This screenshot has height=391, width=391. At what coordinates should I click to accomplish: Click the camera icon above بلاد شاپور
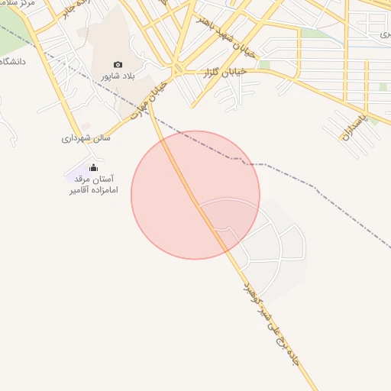(117, 65)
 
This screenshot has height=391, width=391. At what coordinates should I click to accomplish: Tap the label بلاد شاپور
(118, 77)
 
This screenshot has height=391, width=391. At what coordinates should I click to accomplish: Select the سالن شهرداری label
(86, 138)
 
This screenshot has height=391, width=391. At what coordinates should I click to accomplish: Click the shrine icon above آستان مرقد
(94, 167)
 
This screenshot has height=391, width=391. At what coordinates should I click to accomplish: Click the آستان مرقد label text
(96, 178)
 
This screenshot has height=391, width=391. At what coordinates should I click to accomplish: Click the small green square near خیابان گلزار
(264, 65)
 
